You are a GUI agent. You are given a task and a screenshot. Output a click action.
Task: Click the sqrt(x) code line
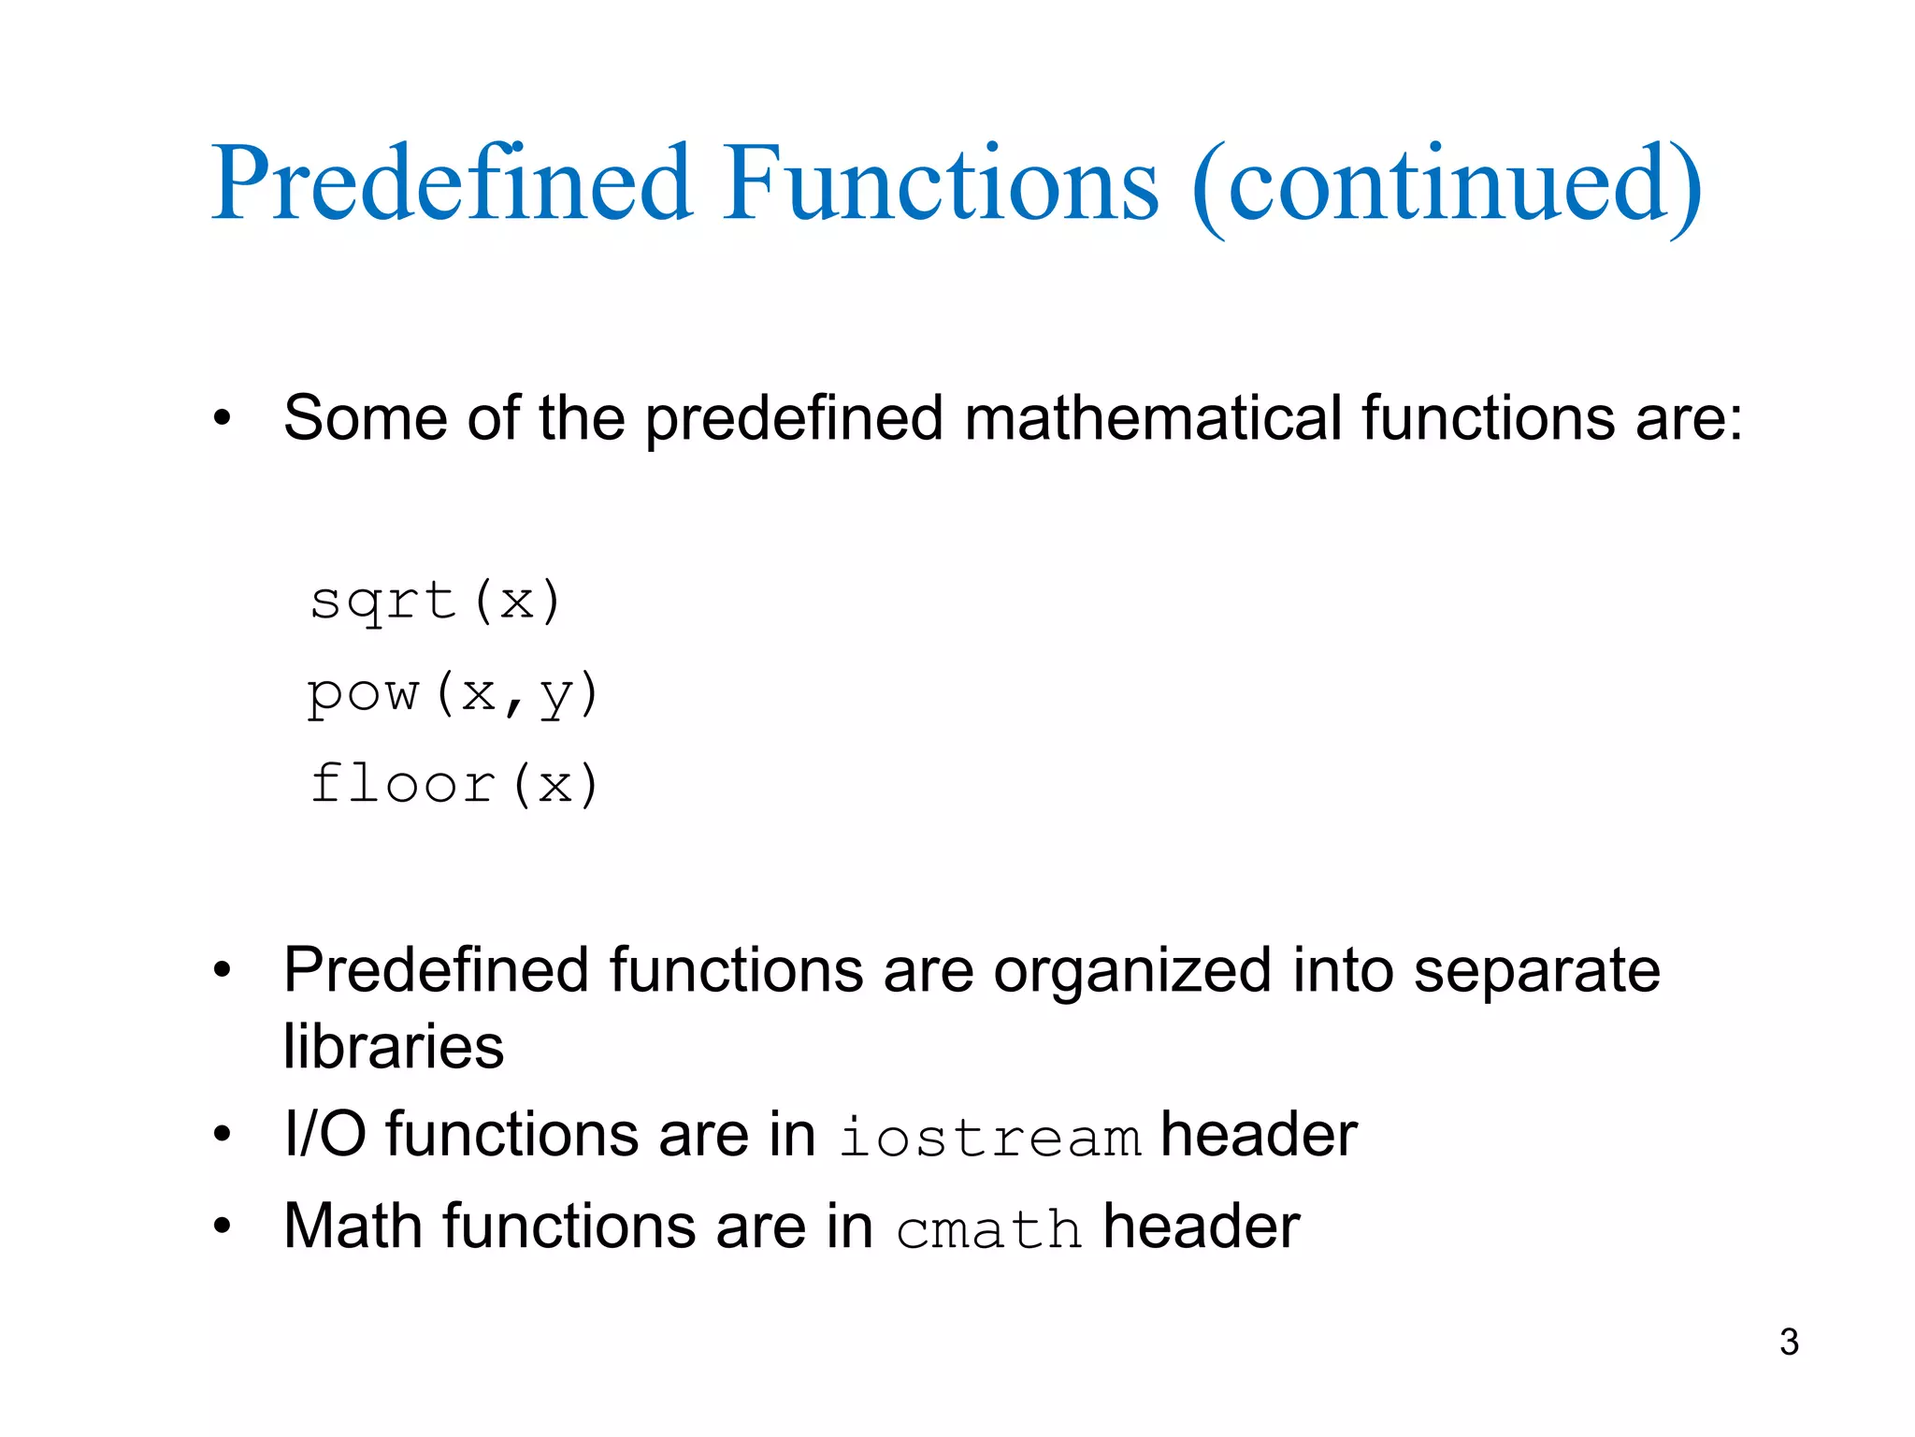tap(436, 602)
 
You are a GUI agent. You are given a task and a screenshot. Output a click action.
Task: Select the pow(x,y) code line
tap(453, 694)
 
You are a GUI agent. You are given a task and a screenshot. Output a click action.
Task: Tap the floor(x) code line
tap(454, 784)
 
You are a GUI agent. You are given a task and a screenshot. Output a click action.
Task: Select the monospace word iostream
tap(989, 1139)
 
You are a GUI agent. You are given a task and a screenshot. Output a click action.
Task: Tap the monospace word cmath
tap(988, 1229)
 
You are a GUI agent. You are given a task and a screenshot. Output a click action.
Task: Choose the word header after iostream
tap(1259, 1135)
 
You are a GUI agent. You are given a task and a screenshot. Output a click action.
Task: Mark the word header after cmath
tap(1202, 1226)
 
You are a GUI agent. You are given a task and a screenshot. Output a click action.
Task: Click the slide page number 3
tap(1789, 1342)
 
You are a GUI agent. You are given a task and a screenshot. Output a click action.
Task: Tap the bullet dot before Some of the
tap(222, 418)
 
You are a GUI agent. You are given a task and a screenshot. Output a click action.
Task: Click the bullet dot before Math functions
tap(222, 1226)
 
